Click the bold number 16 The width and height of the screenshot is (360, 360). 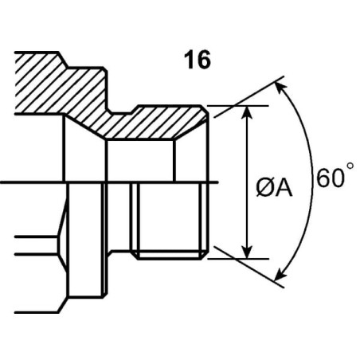pyautogui.click(x=198, y=60)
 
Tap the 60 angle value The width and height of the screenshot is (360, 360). pyautogui.click(x=329, y=178)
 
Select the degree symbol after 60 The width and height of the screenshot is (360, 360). pyautogui.click(x=350, y=166)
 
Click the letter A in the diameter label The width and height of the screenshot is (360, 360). pyautogui.click(x=284, y=188)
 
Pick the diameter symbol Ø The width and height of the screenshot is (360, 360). pyautogui.click(x=265, y=188)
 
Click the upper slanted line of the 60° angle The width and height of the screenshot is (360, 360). pyautogui.click(x=249, y=96)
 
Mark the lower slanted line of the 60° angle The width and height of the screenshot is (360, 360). pyautogui.click(x=249, y=267)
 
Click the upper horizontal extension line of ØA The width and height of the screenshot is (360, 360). pyautogui.click(x=238, y=106)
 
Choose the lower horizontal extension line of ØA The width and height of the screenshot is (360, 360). pyautogui.click(x=238, y=258)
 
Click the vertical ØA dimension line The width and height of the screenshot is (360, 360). pyautogui.click(x=247, y=182)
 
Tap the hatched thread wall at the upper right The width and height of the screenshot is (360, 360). pyautogui.click(x=157, y=123)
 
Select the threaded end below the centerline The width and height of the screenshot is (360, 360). pyautogui.click(x=169, y=221)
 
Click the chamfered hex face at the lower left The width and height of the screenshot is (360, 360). pyautogui.click(x=62, y=245)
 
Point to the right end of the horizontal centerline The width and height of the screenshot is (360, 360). pyautogui.click(x=217, y=182)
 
